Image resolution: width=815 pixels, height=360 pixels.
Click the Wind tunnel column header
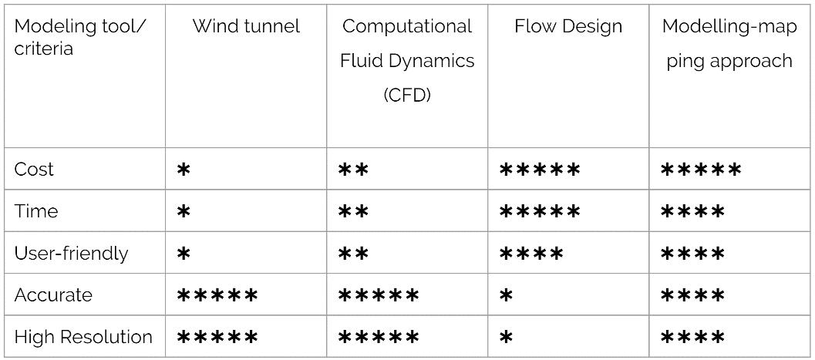245,26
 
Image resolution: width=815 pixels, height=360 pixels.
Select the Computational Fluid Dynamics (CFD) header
407,60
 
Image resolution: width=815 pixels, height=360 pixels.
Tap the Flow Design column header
568,26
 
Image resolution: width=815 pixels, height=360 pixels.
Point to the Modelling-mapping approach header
729,43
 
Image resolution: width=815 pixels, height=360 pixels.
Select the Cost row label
35,170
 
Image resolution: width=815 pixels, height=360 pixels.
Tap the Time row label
36,211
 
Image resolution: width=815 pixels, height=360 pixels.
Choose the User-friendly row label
71,253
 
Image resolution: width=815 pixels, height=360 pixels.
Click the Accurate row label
53,295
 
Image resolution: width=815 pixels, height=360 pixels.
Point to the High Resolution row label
83,337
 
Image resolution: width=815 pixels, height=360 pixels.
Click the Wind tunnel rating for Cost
184,170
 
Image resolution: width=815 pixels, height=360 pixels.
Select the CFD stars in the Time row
354,212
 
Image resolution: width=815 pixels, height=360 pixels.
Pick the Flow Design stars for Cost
540,170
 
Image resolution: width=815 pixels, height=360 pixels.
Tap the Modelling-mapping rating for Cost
701,170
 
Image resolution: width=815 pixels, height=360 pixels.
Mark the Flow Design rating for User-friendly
532,254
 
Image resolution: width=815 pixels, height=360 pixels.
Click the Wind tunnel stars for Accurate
217,295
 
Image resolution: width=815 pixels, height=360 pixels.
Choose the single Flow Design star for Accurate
506,295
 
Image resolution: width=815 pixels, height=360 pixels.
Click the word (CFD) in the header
407,95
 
